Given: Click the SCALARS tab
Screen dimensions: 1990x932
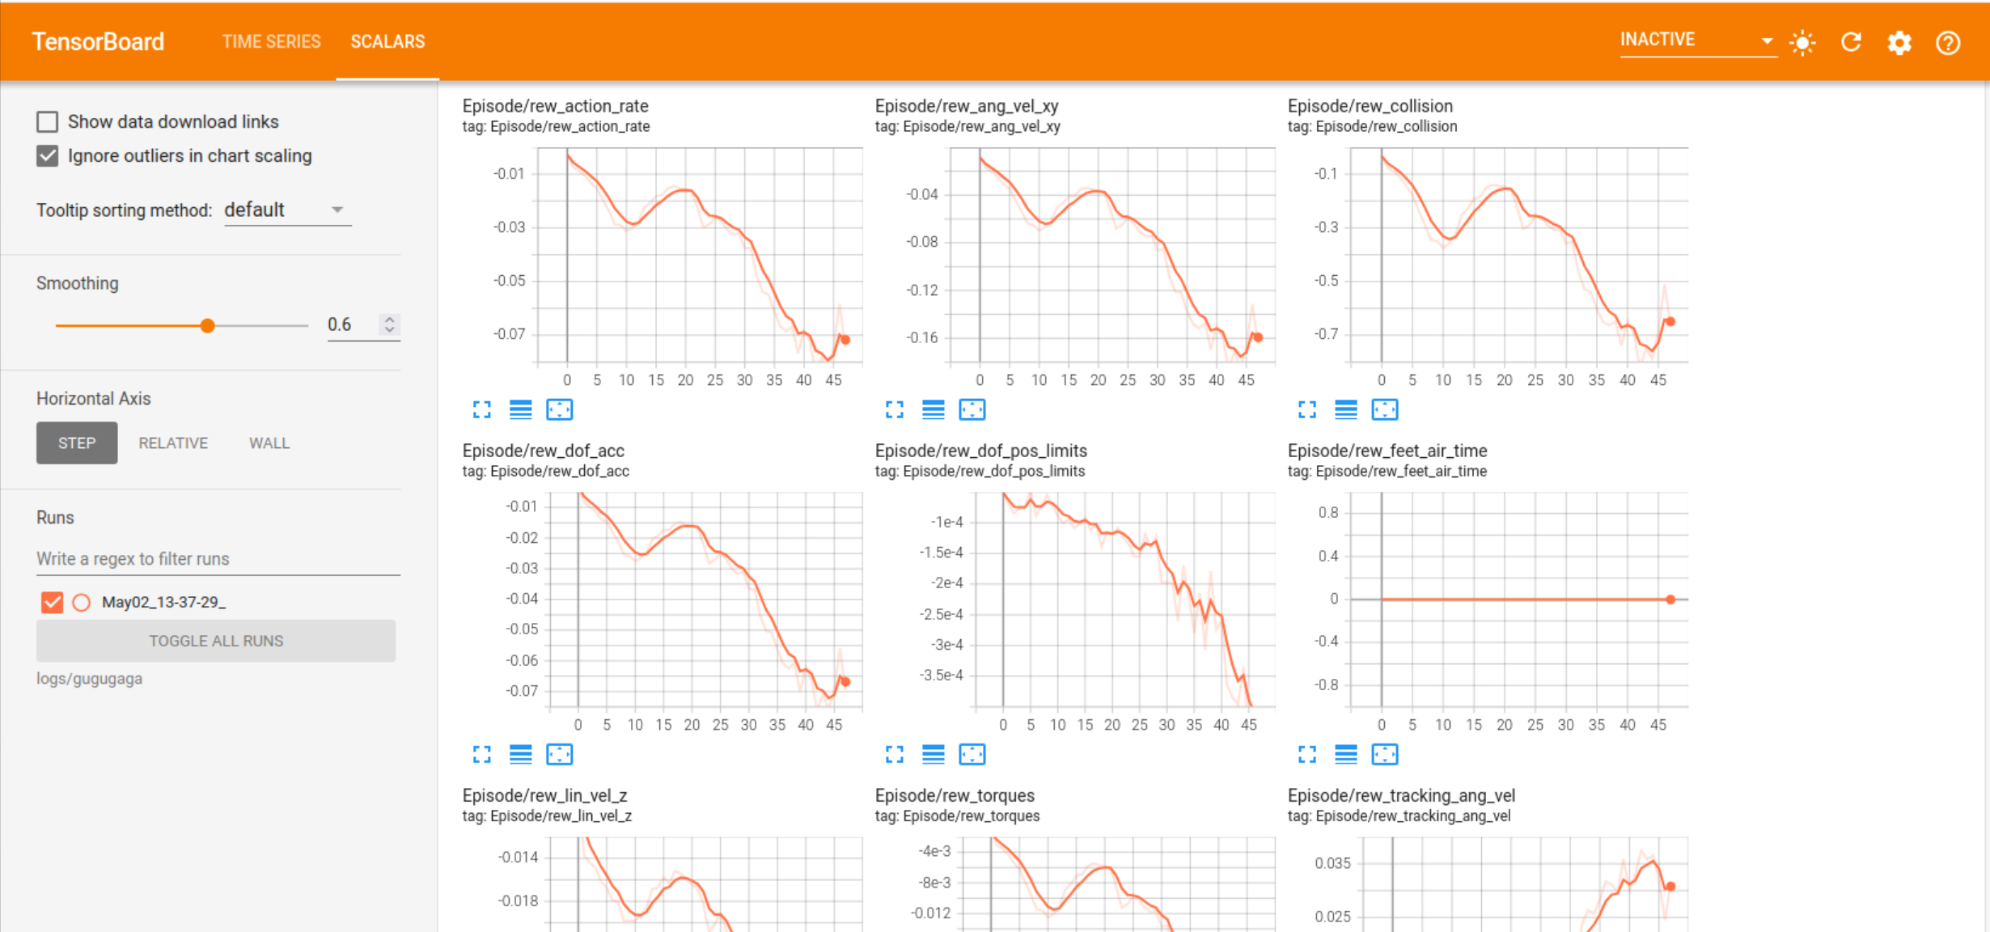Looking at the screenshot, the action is click(387, 41).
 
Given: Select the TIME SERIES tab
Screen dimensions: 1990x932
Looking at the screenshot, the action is click(272, 41).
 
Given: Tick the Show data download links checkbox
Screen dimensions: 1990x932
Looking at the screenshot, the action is click(48, 122).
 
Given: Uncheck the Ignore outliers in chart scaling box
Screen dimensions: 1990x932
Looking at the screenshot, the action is click(48, 156).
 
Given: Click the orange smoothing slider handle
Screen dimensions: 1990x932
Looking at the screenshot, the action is click(208, 325).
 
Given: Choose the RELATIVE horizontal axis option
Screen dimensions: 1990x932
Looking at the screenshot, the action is click(173, 443).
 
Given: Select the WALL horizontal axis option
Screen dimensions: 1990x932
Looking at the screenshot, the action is click(269, 443).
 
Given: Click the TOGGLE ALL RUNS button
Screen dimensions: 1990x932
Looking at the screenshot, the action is click(216, 641).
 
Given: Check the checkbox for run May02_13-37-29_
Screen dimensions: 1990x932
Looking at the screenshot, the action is click(52, 603).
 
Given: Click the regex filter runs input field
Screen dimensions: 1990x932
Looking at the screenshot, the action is click(218, 559).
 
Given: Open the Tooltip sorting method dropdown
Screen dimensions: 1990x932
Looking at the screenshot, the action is click(287, 210).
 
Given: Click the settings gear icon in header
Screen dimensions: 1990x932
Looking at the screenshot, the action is click(1899, 42).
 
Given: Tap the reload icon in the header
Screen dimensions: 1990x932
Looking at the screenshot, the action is click(1851, 42).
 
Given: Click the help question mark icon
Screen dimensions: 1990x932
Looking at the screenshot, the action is click(1948, 42).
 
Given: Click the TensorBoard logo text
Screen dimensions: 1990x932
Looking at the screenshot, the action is click(98, 41).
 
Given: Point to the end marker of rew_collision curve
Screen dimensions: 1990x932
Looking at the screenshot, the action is click(1670, 322).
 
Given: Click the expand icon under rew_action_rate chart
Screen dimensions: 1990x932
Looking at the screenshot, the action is click(482, 410).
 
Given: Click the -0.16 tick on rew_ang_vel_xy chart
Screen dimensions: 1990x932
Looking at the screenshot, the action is click(922, 337).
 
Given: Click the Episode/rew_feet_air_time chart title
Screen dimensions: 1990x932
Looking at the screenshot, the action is click(1387, 451).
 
